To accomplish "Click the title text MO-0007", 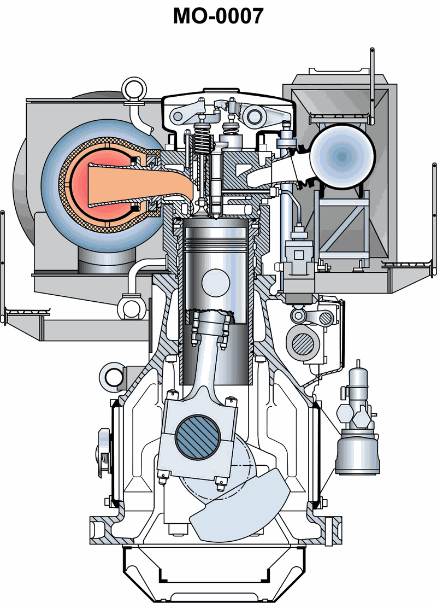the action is coord(218,16).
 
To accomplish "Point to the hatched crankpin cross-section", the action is coord(198,437).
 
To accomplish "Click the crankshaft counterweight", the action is coord(240,505).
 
